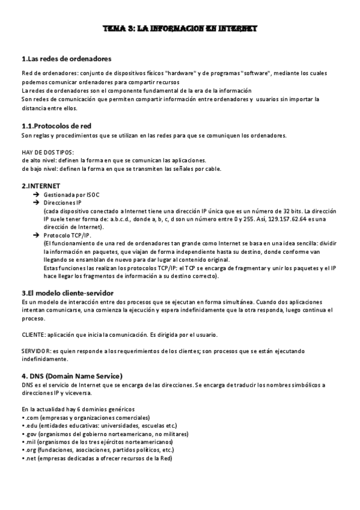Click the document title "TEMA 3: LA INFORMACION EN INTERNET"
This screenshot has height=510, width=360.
click(x=180, y=28)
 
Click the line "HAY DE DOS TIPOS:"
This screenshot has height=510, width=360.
click(x=47, y=153)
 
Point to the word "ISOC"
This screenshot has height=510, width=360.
click(x=85, y=195)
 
